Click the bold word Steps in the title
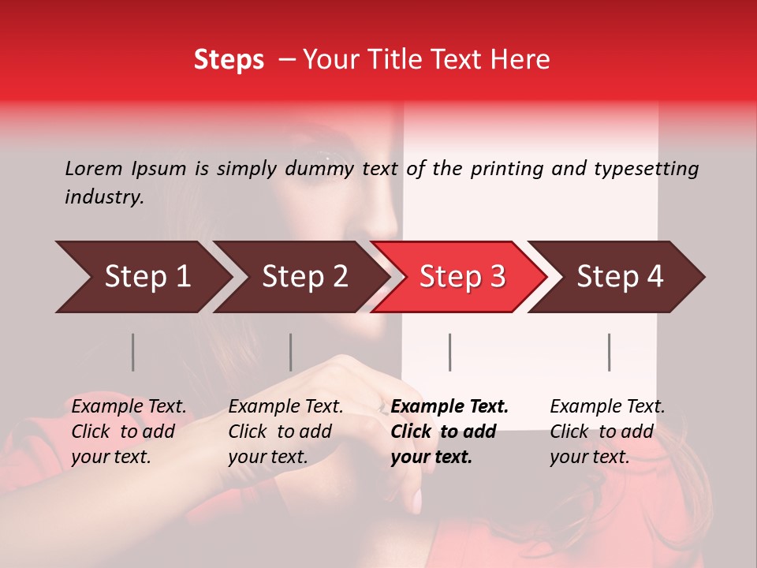click(229, 60)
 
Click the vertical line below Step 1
click(132, 352)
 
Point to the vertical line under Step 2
click(290, 352)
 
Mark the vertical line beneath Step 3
click(449, 352)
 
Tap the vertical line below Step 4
click(609, 352)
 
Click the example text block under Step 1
click(129, 432)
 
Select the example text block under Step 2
click(285, 432)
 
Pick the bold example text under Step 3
click(449, 432)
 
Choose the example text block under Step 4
click(607, 432)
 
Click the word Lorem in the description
click(94, 168)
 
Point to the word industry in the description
click(103, 197)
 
